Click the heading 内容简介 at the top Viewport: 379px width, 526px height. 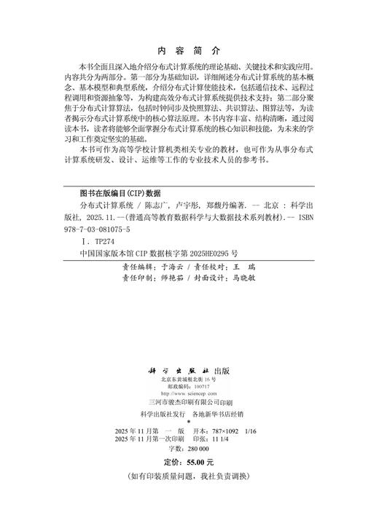coord(189,51)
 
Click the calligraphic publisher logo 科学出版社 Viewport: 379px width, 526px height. coord(176,370)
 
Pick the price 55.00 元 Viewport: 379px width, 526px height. coord(198,463)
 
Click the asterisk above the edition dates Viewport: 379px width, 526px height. coord(189,423)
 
